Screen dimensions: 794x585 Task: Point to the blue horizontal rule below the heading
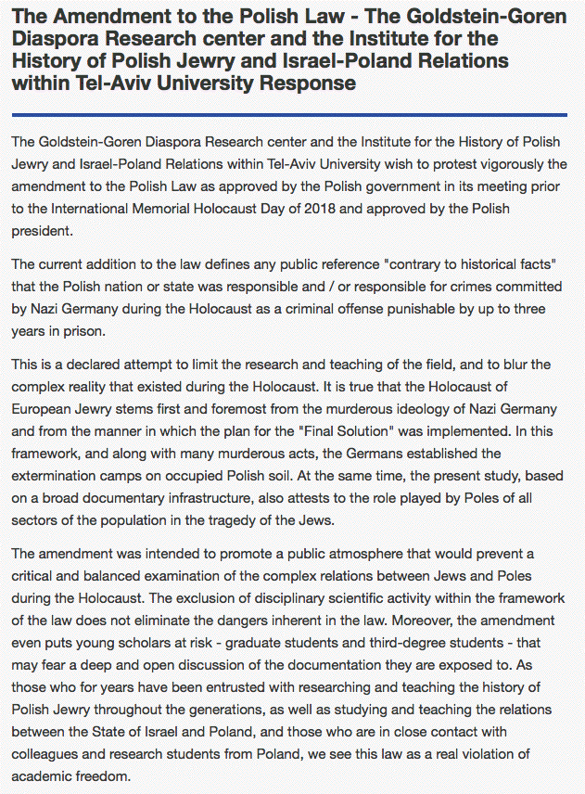pyautogui.click(x=289, y=115)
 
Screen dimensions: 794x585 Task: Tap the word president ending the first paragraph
pyautogui.click(x=42, y=231)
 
